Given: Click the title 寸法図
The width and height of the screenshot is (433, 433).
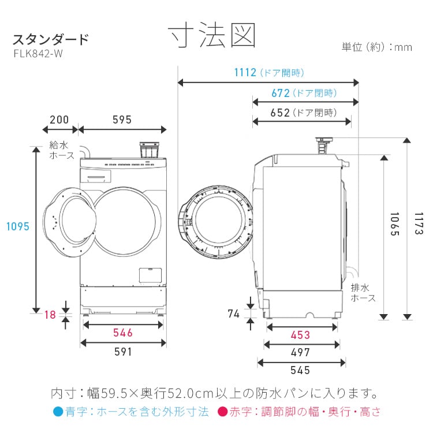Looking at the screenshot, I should coord(212,36).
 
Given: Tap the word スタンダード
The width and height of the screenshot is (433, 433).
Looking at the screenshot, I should coord(51,40).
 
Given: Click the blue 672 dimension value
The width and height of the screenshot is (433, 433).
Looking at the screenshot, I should coord(280,93).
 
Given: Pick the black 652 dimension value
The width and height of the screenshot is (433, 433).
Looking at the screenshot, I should coord(280,113).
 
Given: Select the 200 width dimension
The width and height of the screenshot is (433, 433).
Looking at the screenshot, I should coord(59,120).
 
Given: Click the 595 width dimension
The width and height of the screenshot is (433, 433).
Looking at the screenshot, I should coord(122,120).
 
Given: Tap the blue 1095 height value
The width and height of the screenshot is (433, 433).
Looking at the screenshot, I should coord(17,227).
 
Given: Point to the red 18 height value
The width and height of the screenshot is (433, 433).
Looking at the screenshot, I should coord(50,315).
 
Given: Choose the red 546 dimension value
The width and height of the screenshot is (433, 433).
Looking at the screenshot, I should coord(122,333).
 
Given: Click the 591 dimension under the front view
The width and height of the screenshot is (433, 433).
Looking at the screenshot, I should coord(122,352).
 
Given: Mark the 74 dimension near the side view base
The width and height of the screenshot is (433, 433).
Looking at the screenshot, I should coord(233,314).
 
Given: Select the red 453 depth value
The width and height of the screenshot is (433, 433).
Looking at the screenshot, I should coord(300,335).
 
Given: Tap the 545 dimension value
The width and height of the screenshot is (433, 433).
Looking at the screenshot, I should coord(300,371).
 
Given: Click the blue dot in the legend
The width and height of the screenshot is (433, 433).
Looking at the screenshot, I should coord(57,412).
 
